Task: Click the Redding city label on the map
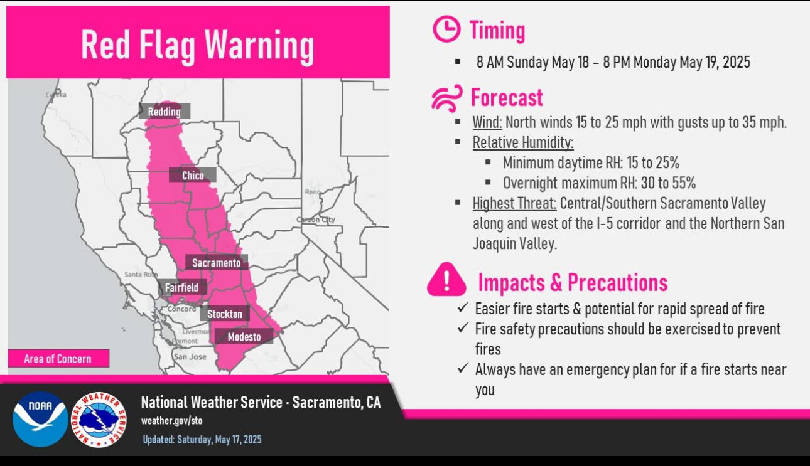click(x=165, y=111)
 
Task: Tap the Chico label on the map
click(x=193, y=175)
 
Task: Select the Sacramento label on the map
click(x=217, y=262)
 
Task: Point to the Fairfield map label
click(x=182, y=287)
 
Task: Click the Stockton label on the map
click(x=225, y=314)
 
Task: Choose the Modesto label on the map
click(x=244, y=337)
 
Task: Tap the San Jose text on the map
click(x=190, y=357)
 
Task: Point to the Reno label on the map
click(x=313, y=192)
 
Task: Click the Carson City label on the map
click(x=316, y=220)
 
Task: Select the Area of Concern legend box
click(x=58, y=358)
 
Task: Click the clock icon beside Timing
click(x=446, y=29)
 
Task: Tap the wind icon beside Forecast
click(x=447, y=98)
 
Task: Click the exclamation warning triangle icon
click(x=446, y=280)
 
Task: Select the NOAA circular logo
click(x=40, y=419)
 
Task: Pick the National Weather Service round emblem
click(x=99, y=420)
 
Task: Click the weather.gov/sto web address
click(x=172, y=421)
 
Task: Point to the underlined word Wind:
click(x=487, y=122)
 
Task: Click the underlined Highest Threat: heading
click(x=514, y=203)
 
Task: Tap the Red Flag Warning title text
click(x=197, y=45)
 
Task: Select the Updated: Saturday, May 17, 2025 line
click(x=202, y=439)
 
